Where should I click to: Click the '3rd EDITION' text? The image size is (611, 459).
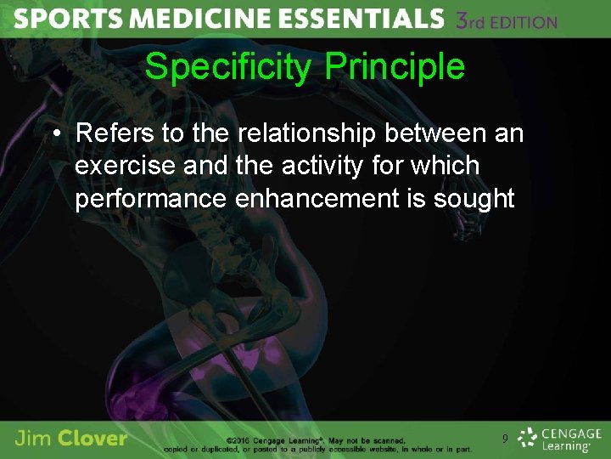pos(507,20)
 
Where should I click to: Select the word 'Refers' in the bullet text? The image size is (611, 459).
pos(107,133)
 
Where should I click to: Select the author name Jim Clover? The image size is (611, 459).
pos(71,439)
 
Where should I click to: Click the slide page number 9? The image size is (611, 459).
pos(506,439)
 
